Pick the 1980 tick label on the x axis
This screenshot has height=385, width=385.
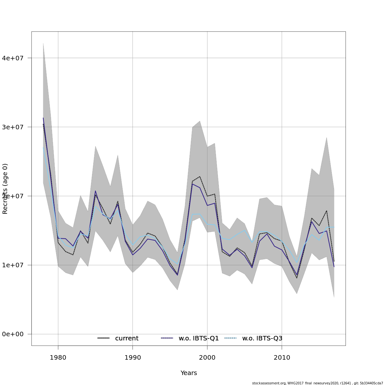click(58, 358)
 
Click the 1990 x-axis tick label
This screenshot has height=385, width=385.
click(133, 358)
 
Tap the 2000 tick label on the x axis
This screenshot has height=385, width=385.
click(207, 358)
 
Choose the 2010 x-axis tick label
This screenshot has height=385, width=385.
click(282, 358)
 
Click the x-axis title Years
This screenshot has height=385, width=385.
click(189, 373)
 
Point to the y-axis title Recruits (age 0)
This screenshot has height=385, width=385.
click(5, 189)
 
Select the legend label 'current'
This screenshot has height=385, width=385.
click(127, 338)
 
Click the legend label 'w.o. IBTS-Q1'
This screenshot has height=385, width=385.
click(199, 338)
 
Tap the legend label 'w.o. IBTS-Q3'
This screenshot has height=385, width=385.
click(262, 338)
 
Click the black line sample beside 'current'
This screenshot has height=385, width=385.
click(103, 338)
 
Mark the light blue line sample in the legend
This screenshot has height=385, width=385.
click(230, 338)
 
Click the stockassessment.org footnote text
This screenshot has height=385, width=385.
click(317, 383)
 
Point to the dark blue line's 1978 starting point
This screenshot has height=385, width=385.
click(43, 118)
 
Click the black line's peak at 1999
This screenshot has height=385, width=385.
click(200, 176)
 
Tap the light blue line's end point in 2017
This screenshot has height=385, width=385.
click(334, 227)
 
